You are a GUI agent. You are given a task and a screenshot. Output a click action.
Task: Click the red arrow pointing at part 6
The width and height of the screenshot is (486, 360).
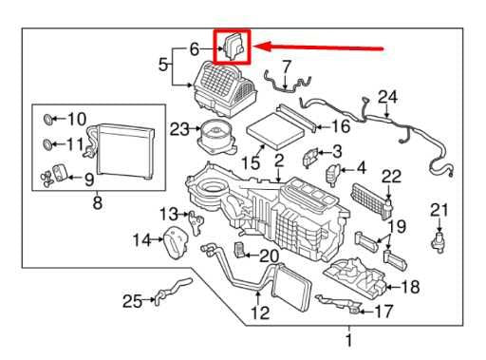point(323,46)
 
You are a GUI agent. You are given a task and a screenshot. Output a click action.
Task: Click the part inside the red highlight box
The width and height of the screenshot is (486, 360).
point(233,46)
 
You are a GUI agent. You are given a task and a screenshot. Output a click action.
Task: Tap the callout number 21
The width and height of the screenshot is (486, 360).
point(438,209)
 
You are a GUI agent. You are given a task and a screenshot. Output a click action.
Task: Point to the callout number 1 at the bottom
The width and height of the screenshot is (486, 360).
point(347,340)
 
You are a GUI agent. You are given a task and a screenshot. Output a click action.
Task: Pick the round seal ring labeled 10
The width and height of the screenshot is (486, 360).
point(47,120)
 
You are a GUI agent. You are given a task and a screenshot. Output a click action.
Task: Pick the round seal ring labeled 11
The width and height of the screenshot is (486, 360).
point(47,145)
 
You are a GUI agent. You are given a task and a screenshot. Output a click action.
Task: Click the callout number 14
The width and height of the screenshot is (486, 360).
point(141,240)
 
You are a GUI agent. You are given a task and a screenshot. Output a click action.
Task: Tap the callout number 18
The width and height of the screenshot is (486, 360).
point(410,287)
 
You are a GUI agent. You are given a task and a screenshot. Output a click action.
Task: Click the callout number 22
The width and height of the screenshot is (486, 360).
point(392,175)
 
